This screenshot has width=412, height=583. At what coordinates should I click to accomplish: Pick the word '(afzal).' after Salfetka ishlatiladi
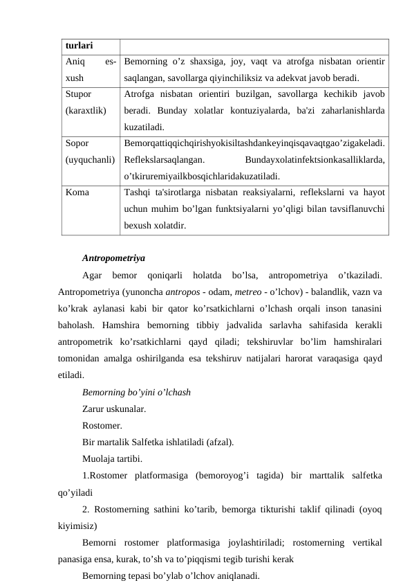point(221,442)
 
